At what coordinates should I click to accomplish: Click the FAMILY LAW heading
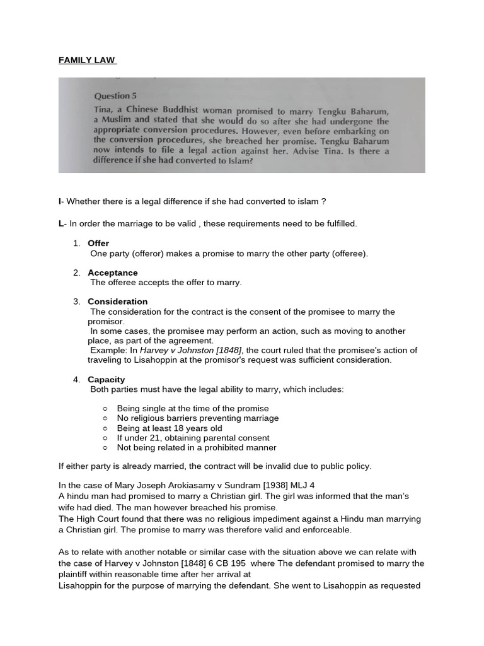coord(87,61)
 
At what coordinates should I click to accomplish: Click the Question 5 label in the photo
coord(115,97)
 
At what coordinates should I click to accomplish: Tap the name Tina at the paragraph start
coord(103,109)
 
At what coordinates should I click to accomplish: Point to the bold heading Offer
coord(98,244)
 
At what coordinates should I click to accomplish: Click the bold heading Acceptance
coord(113,273)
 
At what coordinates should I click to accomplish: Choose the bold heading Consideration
coord(118,302)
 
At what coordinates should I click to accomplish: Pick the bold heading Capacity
coord(107,380)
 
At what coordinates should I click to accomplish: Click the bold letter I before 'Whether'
coord(60,201)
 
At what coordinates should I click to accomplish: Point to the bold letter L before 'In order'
coord(61,223)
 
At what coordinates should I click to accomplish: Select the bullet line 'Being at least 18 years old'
coord(170,428)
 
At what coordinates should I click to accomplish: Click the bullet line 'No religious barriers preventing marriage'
coord(198,418)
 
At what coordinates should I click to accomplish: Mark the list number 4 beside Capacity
coord(76,380)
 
